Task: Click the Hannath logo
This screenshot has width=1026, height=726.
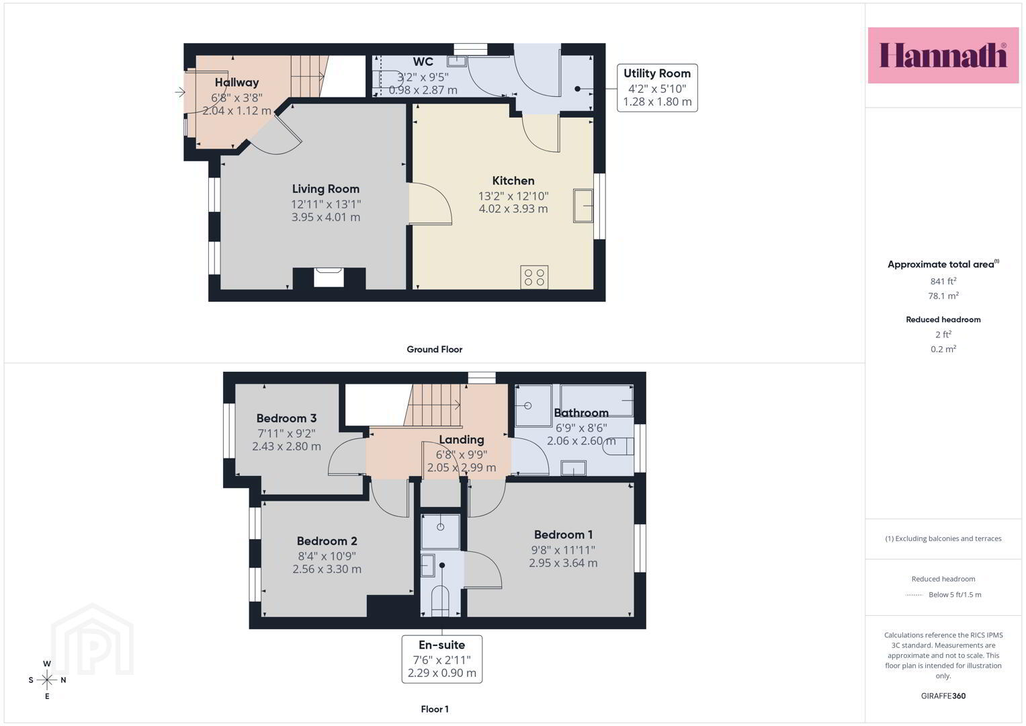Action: click(943, 55)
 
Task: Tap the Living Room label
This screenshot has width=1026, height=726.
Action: click(326, 189)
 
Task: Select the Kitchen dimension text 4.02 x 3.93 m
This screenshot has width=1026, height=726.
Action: click(513, 209)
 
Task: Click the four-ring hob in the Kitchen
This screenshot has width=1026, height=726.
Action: click(534, 277)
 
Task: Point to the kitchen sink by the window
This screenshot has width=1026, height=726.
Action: click(583, 206)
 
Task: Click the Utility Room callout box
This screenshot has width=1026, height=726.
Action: click(657, 88)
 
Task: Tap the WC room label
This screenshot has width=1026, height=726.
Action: click(423, 62)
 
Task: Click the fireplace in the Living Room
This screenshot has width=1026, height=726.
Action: click(329, 278)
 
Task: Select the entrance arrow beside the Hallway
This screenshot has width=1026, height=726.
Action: click(180, 92)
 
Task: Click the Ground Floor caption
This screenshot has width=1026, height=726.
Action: click(434, 350)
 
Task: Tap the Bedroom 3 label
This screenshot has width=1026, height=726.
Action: click(286, 418)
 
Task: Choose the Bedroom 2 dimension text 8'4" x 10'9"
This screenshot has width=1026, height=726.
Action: click(327, 556)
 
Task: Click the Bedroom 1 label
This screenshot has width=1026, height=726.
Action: click(563, 534)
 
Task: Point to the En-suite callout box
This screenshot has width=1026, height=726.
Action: click(442, 659)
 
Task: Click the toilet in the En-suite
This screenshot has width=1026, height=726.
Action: click(440, 600)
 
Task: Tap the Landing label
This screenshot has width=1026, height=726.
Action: click(461, 440)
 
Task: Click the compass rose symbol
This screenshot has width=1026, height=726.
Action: click(47, 680)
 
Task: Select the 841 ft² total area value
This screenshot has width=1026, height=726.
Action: click(943, 281)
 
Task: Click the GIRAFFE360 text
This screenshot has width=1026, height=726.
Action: click(943, 696)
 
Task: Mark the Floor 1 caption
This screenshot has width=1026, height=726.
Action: click(434, 709)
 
